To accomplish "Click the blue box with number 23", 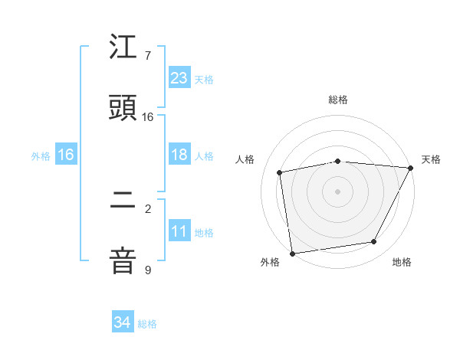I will [x=179, y=77].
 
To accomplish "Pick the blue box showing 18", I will [x=179, y=155].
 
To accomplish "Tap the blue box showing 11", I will [x=179, y=231].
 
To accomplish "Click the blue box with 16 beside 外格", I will [x=66, y=155].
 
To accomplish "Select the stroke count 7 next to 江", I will [x=148, y=56].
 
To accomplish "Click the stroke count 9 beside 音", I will [x=148, y=270].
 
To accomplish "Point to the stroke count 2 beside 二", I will [x=148, y=208].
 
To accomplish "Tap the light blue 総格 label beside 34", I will [x=147, y=324].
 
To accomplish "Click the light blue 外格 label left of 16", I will [x=41, y=155].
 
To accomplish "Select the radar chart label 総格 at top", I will [x=338, y=100].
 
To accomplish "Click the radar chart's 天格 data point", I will [x=410, y=169].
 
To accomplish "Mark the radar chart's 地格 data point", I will [x=374, y=242].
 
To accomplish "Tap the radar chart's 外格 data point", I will [x=292, y=253].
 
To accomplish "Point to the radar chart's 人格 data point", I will [x=280, y=172].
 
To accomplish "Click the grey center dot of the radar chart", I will [x=337, y=191].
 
